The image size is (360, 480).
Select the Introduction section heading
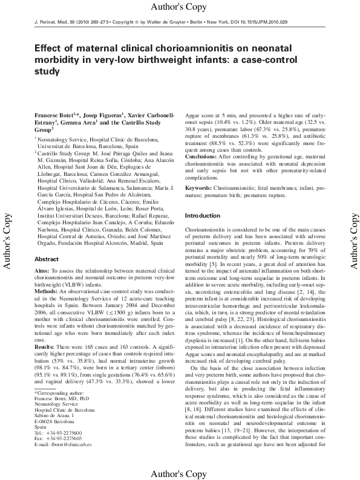[x=202, y=216]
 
